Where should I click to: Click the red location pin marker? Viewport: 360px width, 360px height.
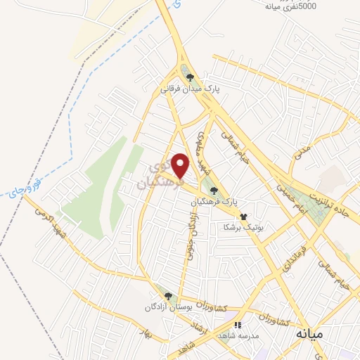click(x=181, y=166)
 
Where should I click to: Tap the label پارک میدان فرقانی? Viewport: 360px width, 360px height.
click(x=191, y=89)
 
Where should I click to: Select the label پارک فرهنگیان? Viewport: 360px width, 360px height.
click(x=213, y=202)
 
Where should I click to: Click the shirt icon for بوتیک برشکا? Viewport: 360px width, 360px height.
click(x=243, y=217)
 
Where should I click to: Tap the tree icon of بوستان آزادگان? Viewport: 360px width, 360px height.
click(x=167, y=296)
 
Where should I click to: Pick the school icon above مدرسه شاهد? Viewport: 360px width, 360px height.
click(x=237, y=326)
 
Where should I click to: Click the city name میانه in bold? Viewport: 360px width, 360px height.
click(x=309, y=333)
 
